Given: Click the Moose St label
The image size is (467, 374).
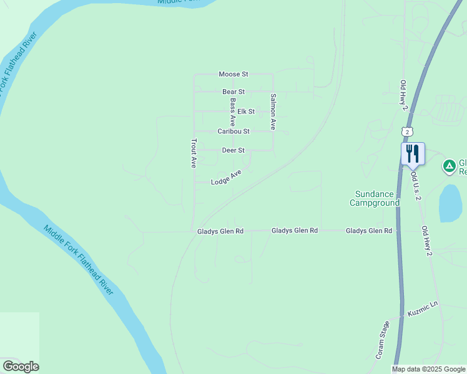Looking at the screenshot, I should (234, 74).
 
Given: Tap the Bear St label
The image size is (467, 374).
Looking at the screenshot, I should (234, 92).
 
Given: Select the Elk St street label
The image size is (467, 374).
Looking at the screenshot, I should (246, 112).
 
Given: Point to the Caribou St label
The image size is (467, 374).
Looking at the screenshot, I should (234, 132).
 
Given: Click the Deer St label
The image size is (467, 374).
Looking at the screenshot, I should (234, 150).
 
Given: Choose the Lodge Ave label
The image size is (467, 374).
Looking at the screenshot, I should (226, 178).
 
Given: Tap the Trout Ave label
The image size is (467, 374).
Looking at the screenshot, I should (194, 153).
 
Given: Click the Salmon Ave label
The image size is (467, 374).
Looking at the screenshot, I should (273, 112).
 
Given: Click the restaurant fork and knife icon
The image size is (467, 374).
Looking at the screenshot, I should (413, 153).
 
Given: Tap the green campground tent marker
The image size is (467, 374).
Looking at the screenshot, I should (449, 166).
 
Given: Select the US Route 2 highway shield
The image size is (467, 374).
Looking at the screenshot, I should (407, 132).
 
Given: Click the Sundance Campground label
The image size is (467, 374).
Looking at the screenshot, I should (375, 198).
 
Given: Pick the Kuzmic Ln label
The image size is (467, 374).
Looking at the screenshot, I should (423, 309).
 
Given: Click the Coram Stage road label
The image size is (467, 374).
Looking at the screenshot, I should (382, 340).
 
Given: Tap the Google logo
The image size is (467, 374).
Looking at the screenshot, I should (21, 367).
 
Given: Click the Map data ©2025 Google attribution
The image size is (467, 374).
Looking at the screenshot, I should (428, 369).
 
